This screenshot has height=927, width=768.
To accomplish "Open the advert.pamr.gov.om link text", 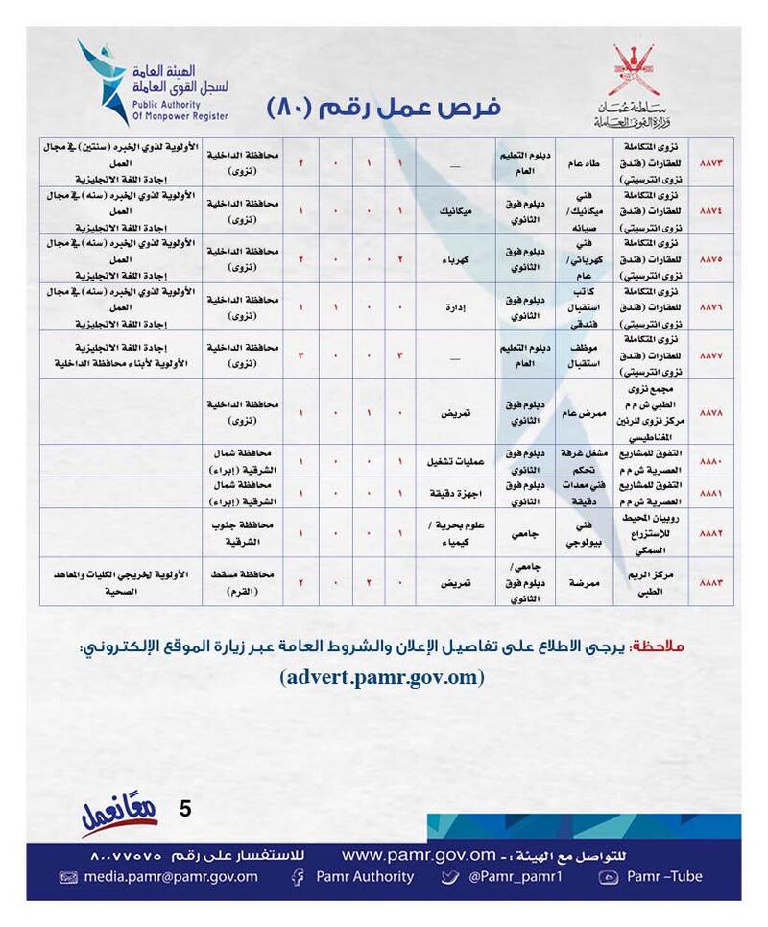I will click(x=383, y=677).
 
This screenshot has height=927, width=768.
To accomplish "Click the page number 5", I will click(x=185, y=808).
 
